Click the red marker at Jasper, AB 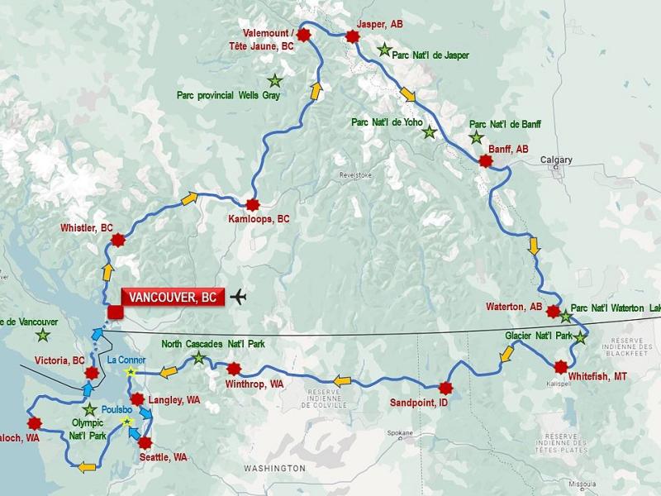353,36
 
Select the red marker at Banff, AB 486,161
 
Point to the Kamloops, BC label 259,220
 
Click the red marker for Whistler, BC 118,241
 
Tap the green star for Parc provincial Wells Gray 274,81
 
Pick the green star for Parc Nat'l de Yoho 429,132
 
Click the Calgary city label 556,160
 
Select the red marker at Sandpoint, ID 446,388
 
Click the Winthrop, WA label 254,384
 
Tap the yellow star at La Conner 129,373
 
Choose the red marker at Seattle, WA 145,442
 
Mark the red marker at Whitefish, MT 562,367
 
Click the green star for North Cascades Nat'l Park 198,358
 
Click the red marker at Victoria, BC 92,374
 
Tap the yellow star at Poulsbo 126,422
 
